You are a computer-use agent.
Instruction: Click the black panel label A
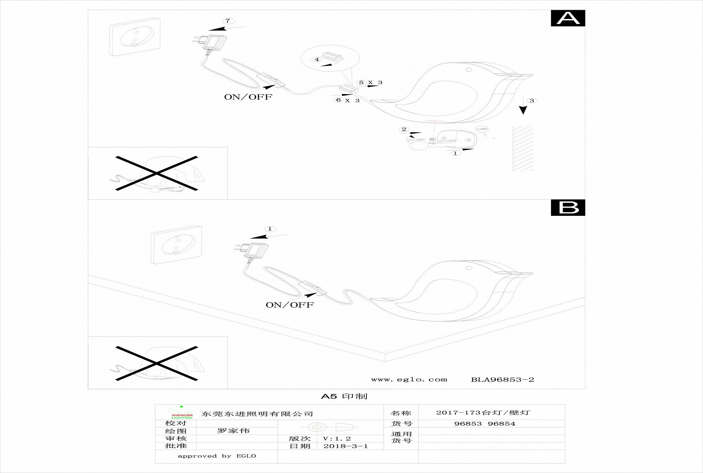pos(568,18)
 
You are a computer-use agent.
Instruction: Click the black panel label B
pos(568,208)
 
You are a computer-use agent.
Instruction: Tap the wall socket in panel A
pos(135,36)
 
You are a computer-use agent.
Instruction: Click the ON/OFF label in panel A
pos(248,97)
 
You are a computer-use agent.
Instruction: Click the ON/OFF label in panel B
pos(289,305)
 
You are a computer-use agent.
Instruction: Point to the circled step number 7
pos(228,21)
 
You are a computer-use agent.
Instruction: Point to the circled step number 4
pos(317,60)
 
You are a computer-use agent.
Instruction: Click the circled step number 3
pos(531,101)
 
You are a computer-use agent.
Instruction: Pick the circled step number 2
pos(404,129)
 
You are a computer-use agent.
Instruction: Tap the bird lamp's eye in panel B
pos(469,269)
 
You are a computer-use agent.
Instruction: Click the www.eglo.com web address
pos(409,379)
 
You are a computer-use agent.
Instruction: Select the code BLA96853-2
pos(502,379)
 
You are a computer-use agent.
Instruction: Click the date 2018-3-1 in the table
pos(346,446)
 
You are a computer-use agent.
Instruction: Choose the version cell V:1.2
pos(337,439)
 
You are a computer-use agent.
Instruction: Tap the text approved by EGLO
pos(217,456)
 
